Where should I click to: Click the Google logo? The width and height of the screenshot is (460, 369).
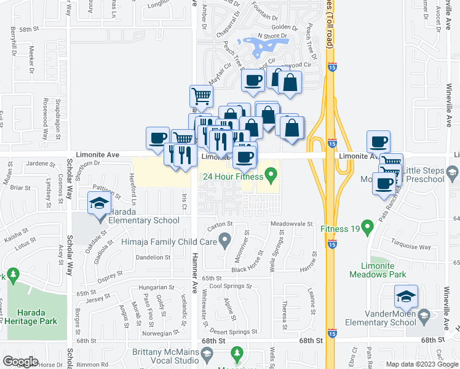click(20, 362)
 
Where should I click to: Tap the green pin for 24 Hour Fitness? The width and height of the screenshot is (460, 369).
click(269, 176)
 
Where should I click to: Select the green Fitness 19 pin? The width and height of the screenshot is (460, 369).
click(368, 228)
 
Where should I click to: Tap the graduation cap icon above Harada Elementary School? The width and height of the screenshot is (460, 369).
click(99, 203)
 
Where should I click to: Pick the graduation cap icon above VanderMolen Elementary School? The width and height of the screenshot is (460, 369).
click(406, 297)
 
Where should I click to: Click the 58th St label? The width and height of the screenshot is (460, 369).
click(28, 30)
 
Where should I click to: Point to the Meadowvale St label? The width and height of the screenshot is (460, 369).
click(292, 224)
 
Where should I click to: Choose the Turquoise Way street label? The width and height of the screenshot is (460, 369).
click(413, 246)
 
